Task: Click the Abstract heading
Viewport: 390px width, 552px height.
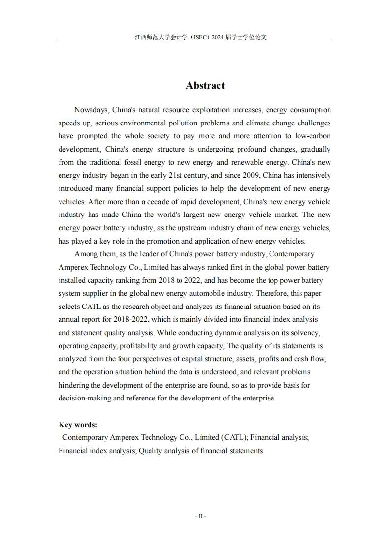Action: click(x=205, y=86)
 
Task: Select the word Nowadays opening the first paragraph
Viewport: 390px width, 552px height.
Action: click(x=92, y=110)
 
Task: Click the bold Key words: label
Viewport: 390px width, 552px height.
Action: click(x=78, y=425)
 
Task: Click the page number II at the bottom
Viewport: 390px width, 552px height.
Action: click(x=200, y=517)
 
